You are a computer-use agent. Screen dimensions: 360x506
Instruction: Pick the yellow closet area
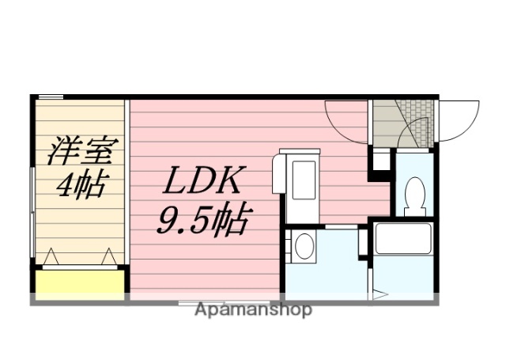pyautogui.click(x=79, y=282)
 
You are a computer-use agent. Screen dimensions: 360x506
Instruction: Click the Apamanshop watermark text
pyautogui.click(x=253, y=309)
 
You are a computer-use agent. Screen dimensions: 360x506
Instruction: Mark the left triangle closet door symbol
pyautogui.click(x=51, y=256)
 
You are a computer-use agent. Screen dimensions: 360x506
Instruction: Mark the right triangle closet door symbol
pyautogui.click(x=108, y=256)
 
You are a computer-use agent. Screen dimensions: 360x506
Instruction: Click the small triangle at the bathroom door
pyautogui.click(x=379, y=296)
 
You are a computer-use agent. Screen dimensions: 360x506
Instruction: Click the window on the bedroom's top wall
pyautogui.click(x=51, y=97)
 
